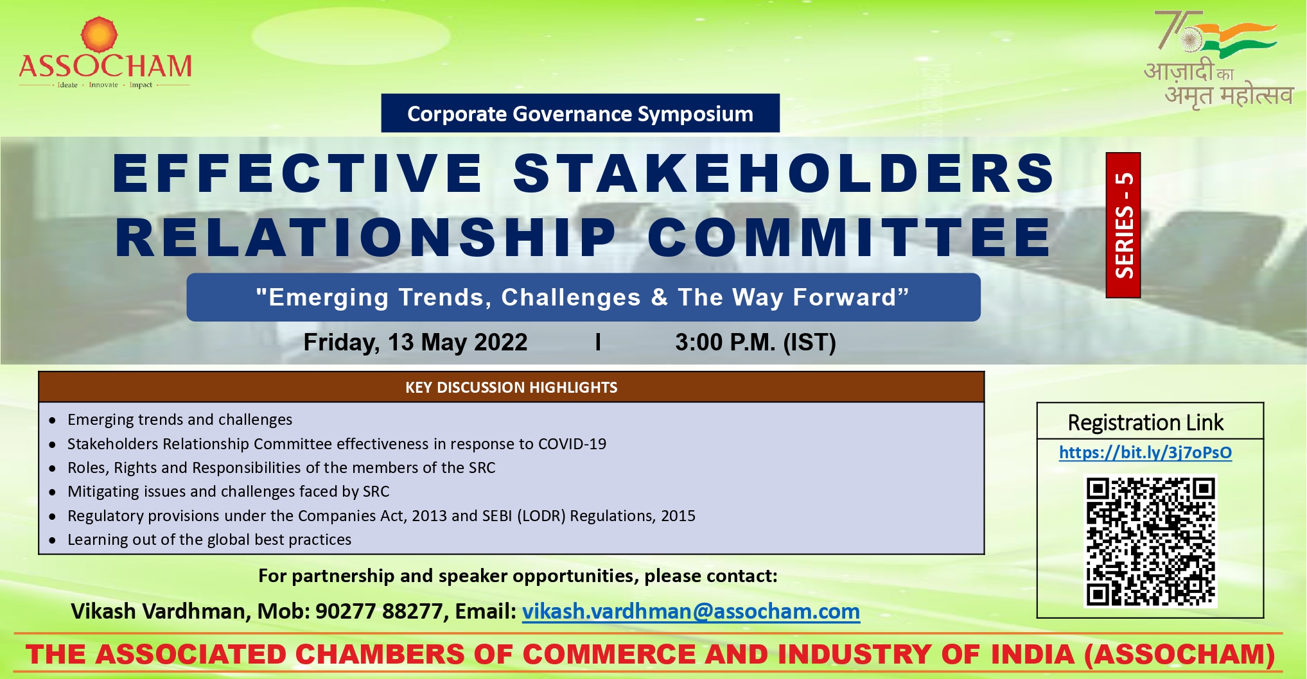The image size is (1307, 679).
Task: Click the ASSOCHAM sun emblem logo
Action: (100, 34)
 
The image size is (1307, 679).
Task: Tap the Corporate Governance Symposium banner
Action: (580, 114)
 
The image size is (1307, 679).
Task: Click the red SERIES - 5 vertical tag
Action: (1123, 225)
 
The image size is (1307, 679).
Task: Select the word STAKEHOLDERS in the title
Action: (784, 173)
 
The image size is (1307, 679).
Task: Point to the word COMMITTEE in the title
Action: (849, 237)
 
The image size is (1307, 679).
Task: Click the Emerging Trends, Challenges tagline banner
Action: (583, 297)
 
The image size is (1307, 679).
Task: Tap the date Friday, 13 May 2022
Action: (416, 342)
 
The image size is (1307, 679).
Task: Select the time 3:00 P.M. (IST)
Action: (755, 342)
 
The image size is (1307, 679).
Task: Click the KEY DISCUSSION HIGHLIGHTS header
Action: (511, 387)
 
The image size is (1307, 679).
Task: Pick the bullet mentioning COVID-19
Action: (337, 443)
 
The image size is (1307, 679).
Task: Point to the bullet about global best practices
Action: (209, 539)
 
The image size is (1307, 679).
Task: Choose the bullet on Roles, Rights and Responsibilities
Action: (281, 467)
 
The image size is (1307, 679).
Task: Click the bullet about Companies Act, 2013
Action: (382, 515)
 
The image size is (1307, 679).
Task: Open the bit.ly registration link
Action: (1145, 452)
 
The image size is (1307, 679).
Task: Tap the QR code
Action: (1150, 541)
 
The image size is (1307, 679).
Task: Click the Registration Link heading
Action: (1145, 422)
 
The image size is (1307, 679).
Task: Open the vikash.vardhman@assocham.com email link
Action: (691, 612)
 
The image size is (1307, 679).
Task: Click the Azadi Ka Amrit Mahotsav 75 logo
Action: (1217, 59)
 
